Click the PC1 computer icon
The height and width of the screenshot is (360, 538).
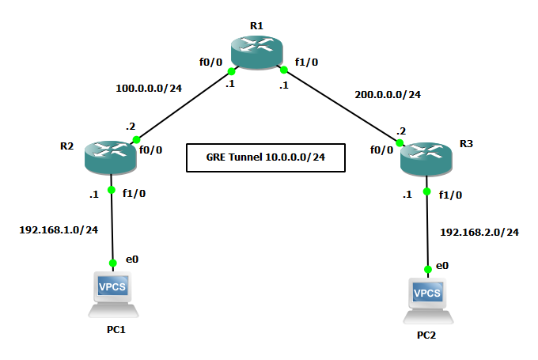pos(112,293)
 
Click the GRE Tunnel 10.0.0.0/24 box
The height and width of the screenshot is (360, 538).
pos(266,157)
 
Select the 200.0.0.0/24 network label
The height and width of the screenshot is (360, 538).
pos(388,94)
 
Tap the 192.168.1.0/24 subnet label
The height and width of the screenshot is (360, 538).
pos(59,229)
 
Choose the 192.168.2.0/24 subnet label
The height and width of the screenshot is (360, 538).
pos(479,232)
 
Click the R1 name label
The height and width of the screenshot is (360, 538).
pos(256,25)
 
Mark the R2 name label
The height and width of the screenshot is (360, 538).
pos(66,146)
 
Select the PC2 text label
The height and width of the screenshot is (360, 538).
pos(426,335)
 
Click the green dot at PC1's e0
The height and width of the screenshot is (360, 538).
pos(112,262)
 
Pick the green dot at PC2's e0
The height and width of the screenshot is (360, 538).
pos(428,269)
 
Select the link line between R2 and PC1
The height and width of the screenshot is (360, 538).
pos(112,225)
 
